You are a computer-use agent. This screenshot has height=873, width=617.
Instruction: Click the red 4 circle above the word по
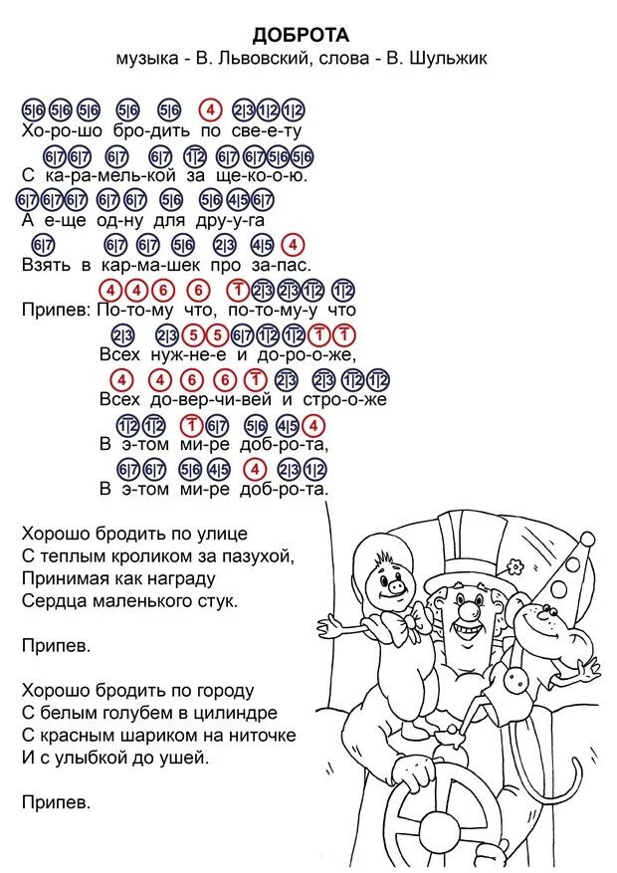click(x=210, y=109)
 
